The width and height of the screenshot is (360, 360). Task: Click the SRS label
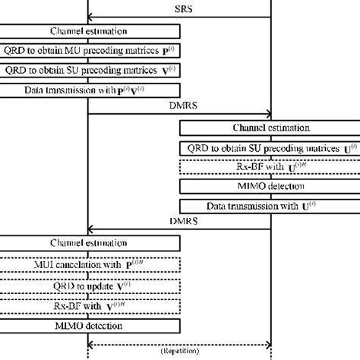(x=181, y=8)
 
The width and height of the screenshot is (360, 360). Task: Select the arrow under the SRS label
(x=181, y=17)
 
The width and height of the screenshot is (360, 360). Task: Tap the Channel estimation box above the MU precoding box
(x=90, y=31)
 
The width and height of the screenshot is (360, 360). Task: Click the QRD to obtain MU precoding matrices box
(x=90, y=51)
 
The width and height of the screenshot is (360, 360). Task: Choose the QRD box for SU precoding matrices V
(x=90, y=71)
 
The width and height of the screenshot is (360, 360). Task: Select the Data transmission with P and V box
(x=90, y=90)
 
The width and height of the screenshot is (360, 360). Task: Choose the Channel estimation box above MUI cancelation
(x=90, y=243)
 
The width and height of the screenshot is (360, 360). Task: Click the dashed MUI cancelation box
(x=90, y=264)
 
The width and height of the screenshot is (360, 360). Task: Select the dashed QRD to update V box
(x=90, y=286)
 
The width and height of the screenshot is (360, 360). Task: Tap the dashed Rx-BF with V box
(x=90, y=307)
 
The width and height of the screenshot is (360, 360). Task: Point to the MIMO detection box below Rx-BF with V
(x=90, y=326)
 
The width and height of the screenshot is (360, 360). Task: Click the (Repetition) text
(x=180, y=352)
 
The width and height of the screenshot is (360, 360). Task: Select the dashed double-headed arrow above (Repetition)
(x=180, y=343)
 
